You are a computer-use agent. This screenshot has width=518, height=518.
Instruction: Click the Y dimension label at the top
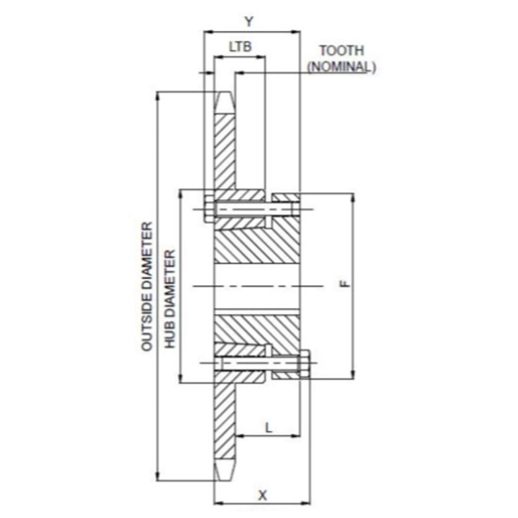click(x=249, y=22)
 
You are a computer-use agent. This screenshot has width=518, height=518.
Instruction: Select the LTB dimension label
click(x=240, y=47)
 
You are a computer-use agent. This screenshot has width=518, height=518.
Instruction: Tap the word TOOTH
click(x=342, y=51)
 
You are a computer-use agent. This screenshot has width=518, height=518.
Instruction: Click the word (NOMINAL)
click(x=342, y=67)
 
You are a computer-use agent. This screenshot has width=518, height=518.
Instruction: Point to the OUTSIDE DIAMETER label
click(x=147, y=286)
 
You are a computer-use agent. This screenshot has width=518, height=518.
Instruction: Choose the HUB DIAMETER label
click(x=170, y=298)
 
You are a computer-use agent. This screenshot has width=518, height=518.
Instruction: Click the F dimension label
click(x=344, y=284)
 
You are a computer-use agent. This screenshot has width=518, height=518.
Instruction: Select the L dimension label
click(x=269, y=428)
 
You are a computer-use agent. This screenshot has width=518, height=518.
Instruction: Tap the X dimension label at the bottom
click(x=262, y=495)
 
